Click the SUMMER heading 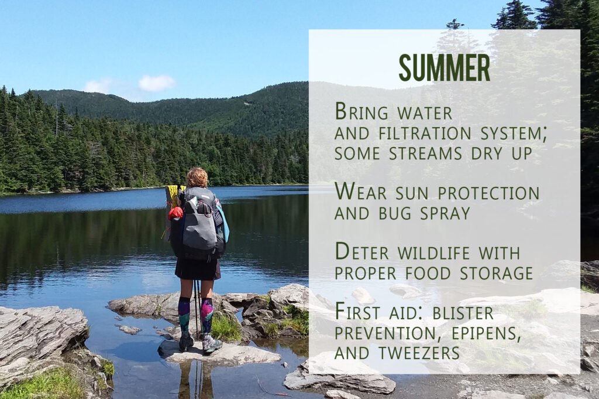point(444,68)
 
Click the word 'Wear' point(357,192)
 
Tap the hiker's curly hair point(197,177)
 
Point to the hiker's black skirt point(197,269)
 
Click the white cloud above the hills point(156,83)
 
